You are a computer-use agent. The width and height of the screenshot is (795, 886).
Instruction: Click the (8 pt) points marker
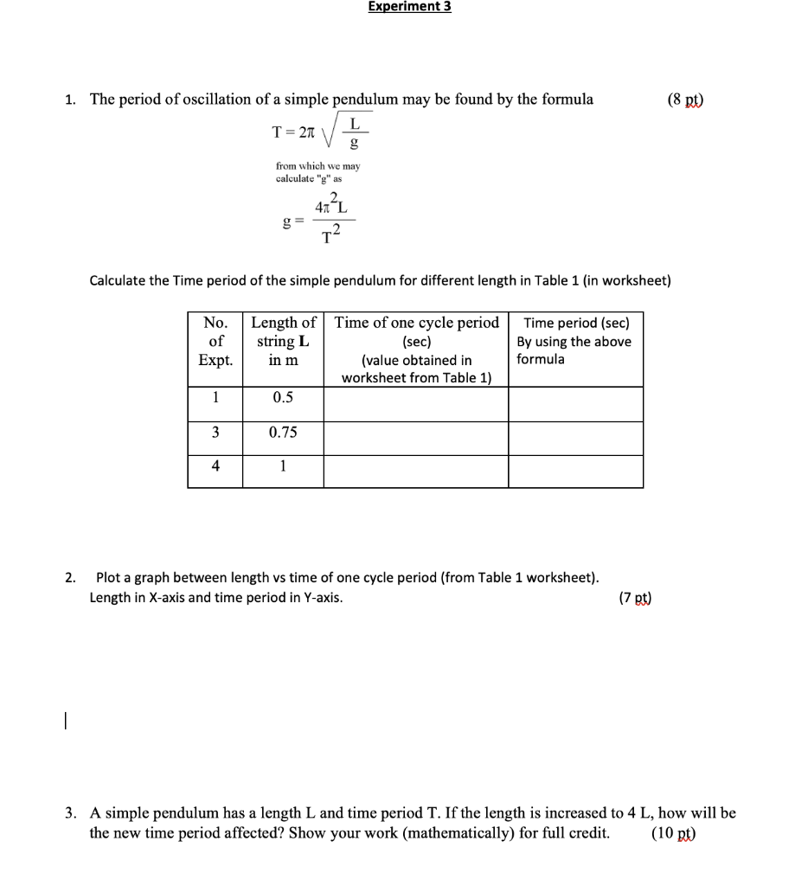[x=686, y=99]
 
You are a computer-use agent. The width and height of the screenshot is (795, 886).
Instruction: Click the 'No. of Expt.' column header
[x=215, y=341]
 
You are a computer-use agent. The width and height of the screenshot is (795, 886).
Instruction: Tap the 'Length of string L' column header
[x=283, y=341]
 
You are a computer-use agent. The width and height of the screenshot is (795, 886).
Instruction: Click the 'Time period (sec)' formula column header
[x=575, y=341]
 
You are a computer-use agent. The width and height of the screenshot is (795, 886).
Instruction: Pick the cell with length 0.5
[x=283, y=398]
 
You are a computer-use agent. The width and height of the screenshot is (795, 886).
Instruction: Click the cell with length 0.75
[x=283, y=432]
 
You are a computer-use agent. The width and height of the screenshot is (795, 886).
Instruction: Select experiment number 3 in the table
[x=215, y=432]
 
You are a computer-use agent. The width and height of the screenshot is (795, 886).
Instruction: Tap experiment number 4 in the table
[x=215, y=465]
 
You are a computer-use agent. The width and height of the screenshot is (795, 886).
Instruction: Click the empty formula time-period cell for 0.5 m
[x=575, y=403]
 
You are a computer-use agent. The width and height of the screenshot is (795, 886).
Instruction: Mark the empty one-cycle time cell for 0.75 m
[x=416, y=438]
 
